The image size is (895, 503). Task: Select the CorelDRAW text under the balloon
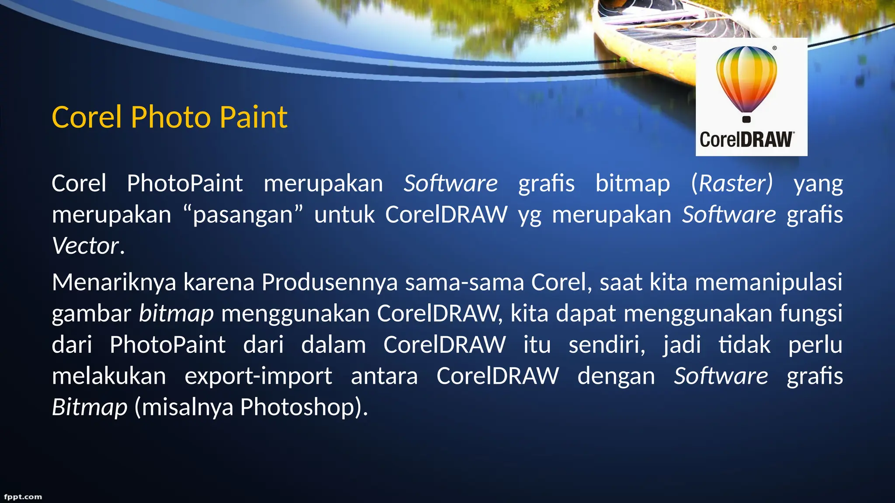[x=746, y=140]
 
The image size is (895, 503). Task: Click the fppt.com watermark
[x=23, y=497]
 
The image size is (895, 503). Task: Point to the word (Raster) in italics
[x=732, y=183]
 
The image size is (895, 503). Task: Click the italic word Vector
[x=85, y=246]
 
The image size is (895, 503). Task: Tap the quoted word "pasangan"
[x=243, y=215]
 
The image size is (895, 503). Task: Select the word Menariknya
[x=114, y=283]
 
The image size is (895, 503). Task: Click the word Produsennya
[x=330, y=283]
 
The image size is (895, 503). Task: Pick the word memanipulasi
[x=768, y=283]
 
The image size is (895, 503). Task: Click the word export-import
[x=258, y=376]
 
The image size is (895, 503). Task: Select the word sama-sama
[x=465, y=283]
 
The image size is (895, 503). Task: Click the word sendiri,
[x=607, y=345]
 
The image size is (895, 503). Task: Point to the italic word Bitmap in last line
[x=90, y=407]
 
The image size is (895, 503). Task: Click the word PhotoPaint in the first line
[x=184, y=183]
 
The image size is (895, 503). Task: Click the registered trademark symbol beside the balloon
[x=774, y=48]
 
